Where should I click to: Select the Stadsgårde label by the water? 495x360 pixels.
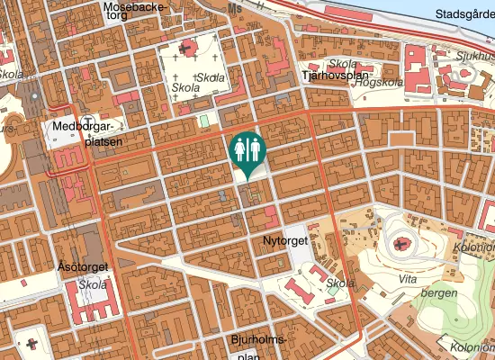[464, 14]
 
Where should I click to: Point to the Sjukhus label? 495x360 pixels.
[476, 53]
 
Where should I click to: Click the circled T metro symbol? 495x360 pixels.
[86, 121]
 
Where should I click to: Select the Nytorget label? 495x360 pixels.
[286, 242]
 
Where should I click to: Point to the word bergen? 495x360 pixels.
[439, 292]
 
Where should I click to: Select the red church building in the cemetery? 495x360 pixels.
[188, 49]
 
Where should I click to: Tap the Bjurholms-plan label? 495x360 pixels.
[257, 346]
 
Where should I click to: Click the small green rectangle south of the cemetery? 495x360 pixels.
[203, 120]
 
